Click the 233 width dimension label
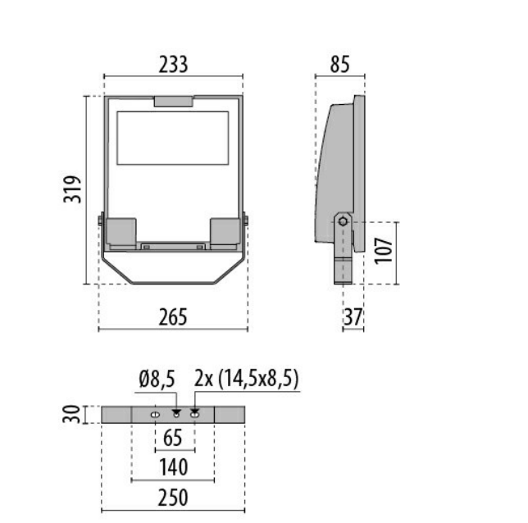[173, 64]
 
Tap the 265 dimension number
[173, 316]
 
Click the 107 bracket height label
[383, 252]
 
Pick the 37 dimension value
[353, 316]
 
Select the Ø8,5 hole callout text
[157, 380]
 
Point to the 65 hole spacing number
[174, 439]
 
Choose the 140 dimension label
[174, 467]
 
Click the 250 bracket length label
[174, 497]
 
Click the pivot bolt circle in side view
[344, 220]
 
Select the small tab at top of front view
[174, 102]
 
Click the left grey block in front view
[121, 231]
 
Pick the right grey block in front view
[225, 231]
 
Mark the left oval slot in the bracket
[154, 415]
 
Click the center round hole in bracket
[175, 415]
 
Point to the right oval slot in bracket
[194, 415]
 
